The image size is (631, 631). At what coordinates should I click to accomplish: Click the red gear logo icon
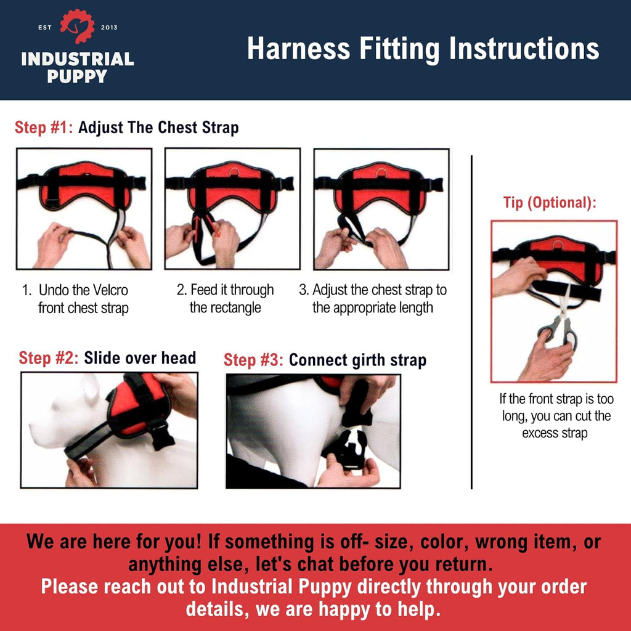(77, 26)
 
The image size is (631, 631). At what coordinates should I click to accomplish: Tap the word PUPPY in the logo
(77, 76)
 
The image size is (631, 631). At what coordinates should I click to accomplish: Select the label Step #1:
(44, 128)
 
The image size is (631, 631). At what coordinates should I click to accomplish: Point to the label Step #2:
(48, 358)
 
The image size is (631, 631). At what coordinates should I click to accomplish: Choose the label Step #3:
(253, 360)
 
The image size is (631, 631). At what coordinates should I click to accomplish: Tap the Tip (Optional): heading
(550, 203)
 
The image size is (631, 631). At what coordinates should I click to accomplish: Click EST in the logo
(44, 27)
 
